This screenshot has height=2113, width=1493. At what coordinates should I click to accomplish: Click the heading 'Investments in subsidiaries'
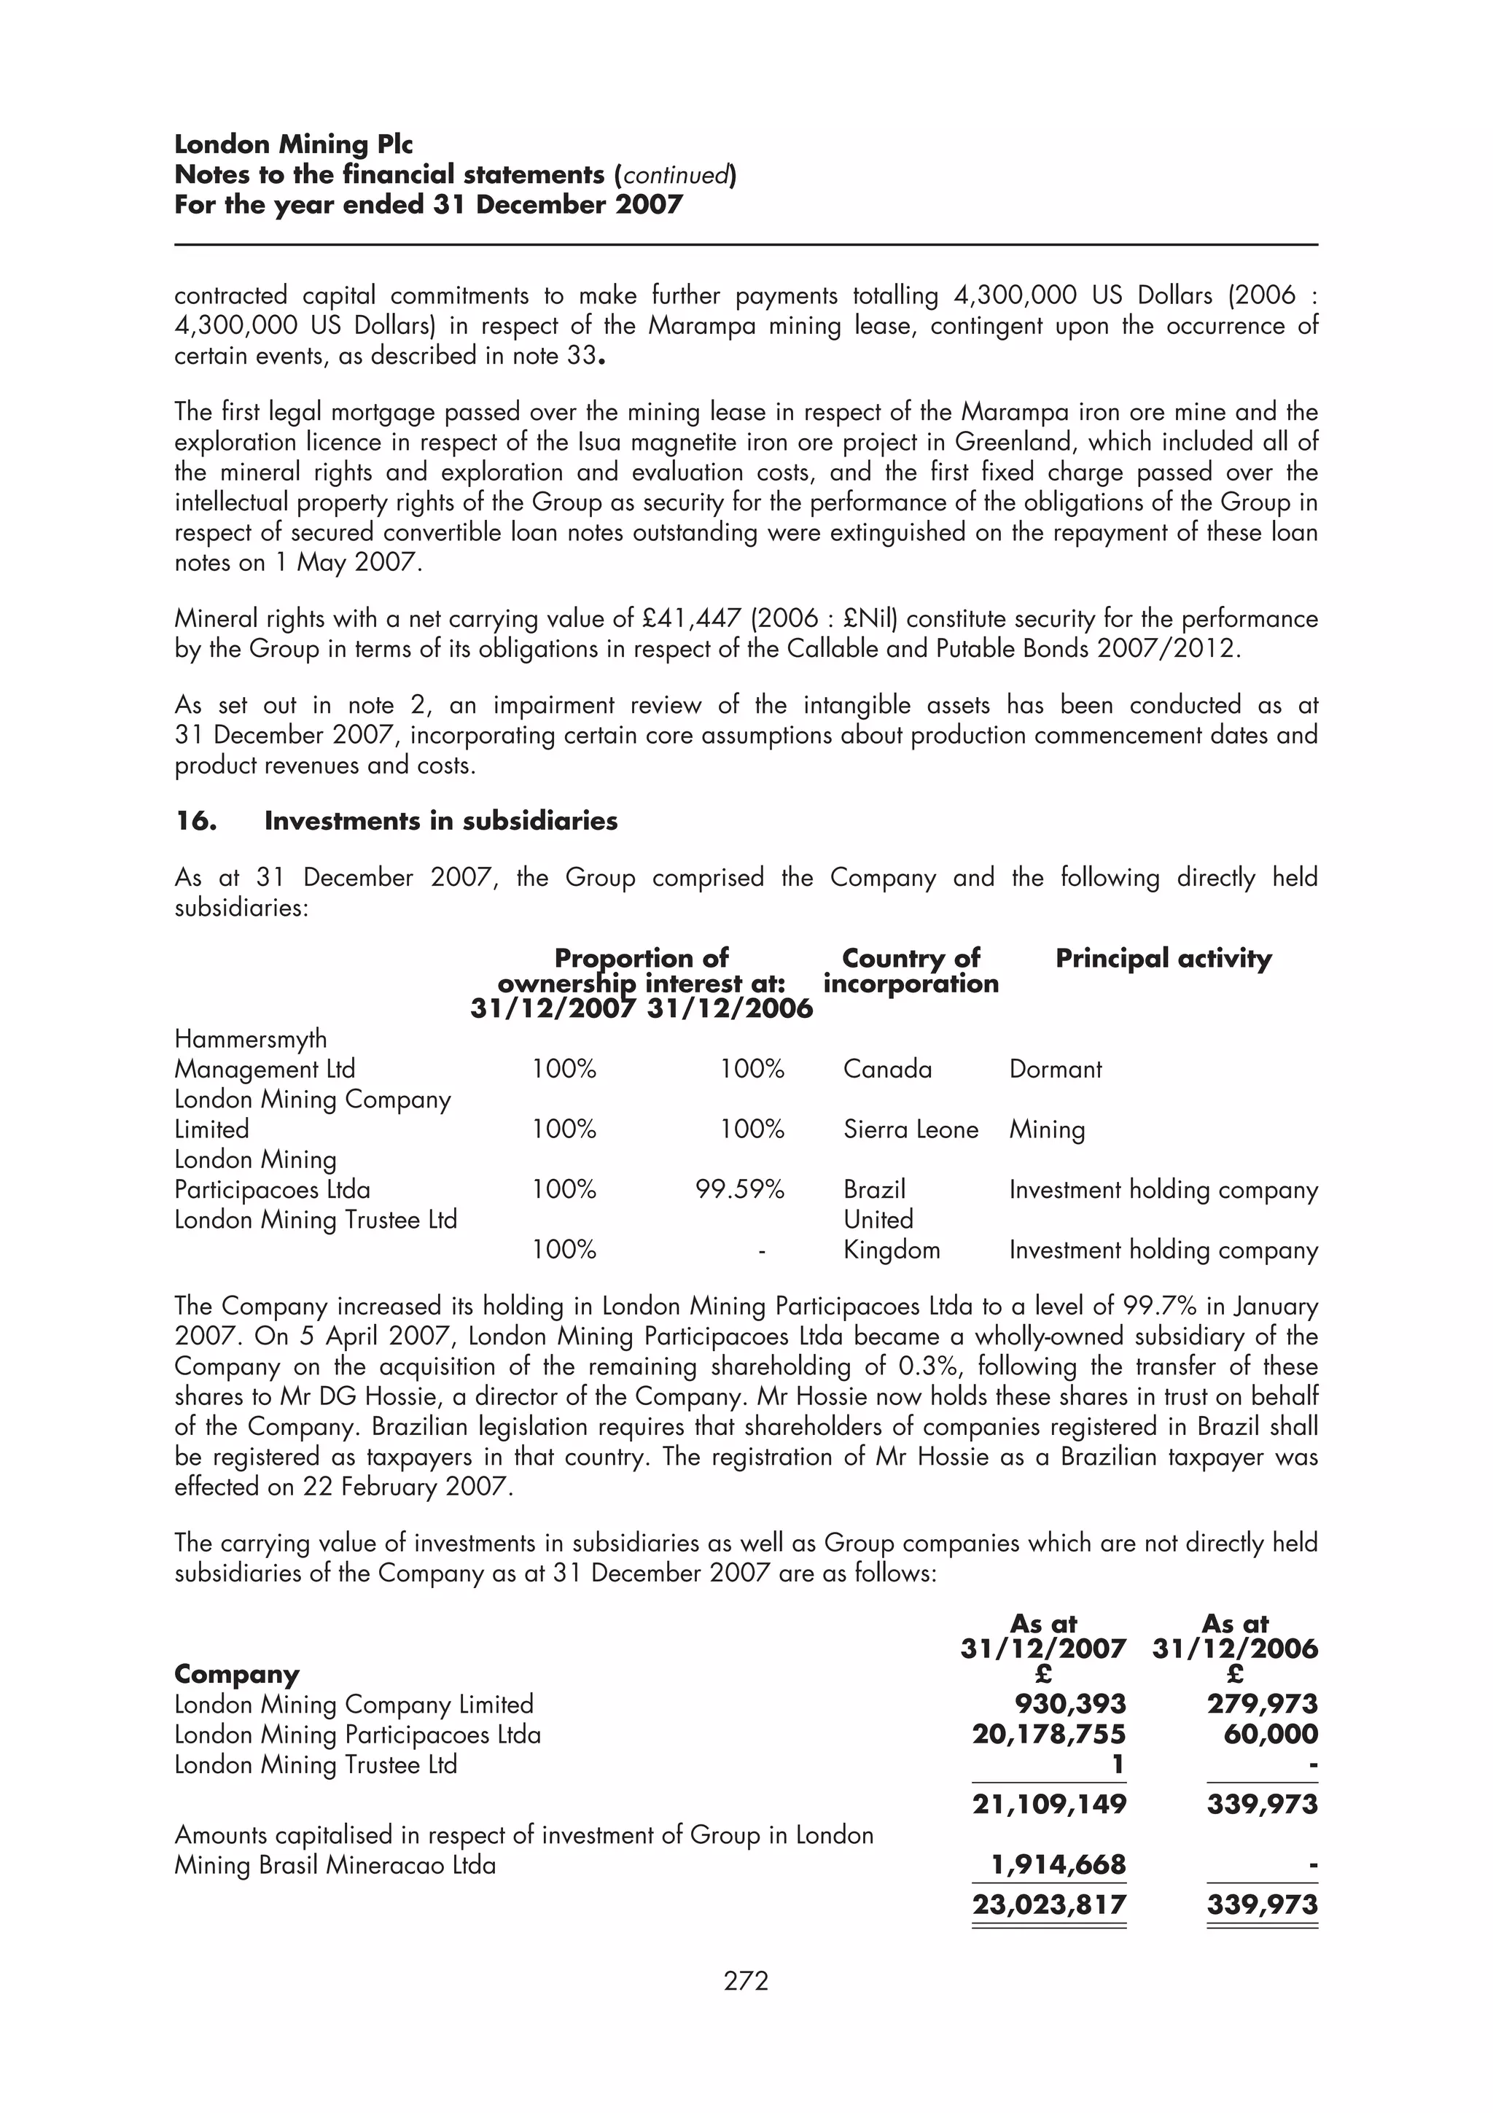440,821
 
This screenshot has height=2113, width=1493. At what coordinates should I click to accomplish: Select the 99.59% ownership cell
740,1190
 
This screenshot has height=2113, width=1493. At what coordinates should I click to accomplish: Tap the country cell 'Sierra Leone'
910,1129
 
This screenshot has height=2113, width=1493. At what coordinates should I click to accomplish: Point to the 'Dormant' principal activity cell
1055,1070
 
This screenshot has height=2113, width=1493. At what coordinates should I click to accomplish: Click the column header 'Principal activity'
1163,959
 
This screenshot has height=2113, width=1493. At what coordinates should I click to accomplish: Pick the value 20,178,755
1049,1735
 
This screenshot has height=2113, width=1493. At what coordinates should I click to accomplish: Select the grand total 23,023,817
1049,1904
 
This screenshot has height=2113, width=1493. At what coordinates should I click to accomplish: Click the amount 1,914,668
1057,1865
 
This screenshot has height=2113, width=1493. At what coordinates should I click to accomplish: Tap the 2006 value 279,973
1262,1705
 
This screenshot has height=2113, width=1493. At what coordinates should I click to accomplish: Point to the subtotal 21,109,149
1049,1804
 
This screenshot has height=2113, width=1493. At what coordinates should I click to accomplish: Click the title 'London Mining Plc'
294,144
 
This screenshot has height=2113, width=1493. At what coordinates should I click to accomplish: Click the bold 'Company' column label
236,1674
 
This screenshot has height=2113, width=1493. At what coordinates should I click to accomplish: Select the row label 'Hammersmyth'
250,1039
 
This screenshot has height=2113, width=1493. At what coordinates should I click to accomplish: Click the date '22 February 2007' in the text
404,1487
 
